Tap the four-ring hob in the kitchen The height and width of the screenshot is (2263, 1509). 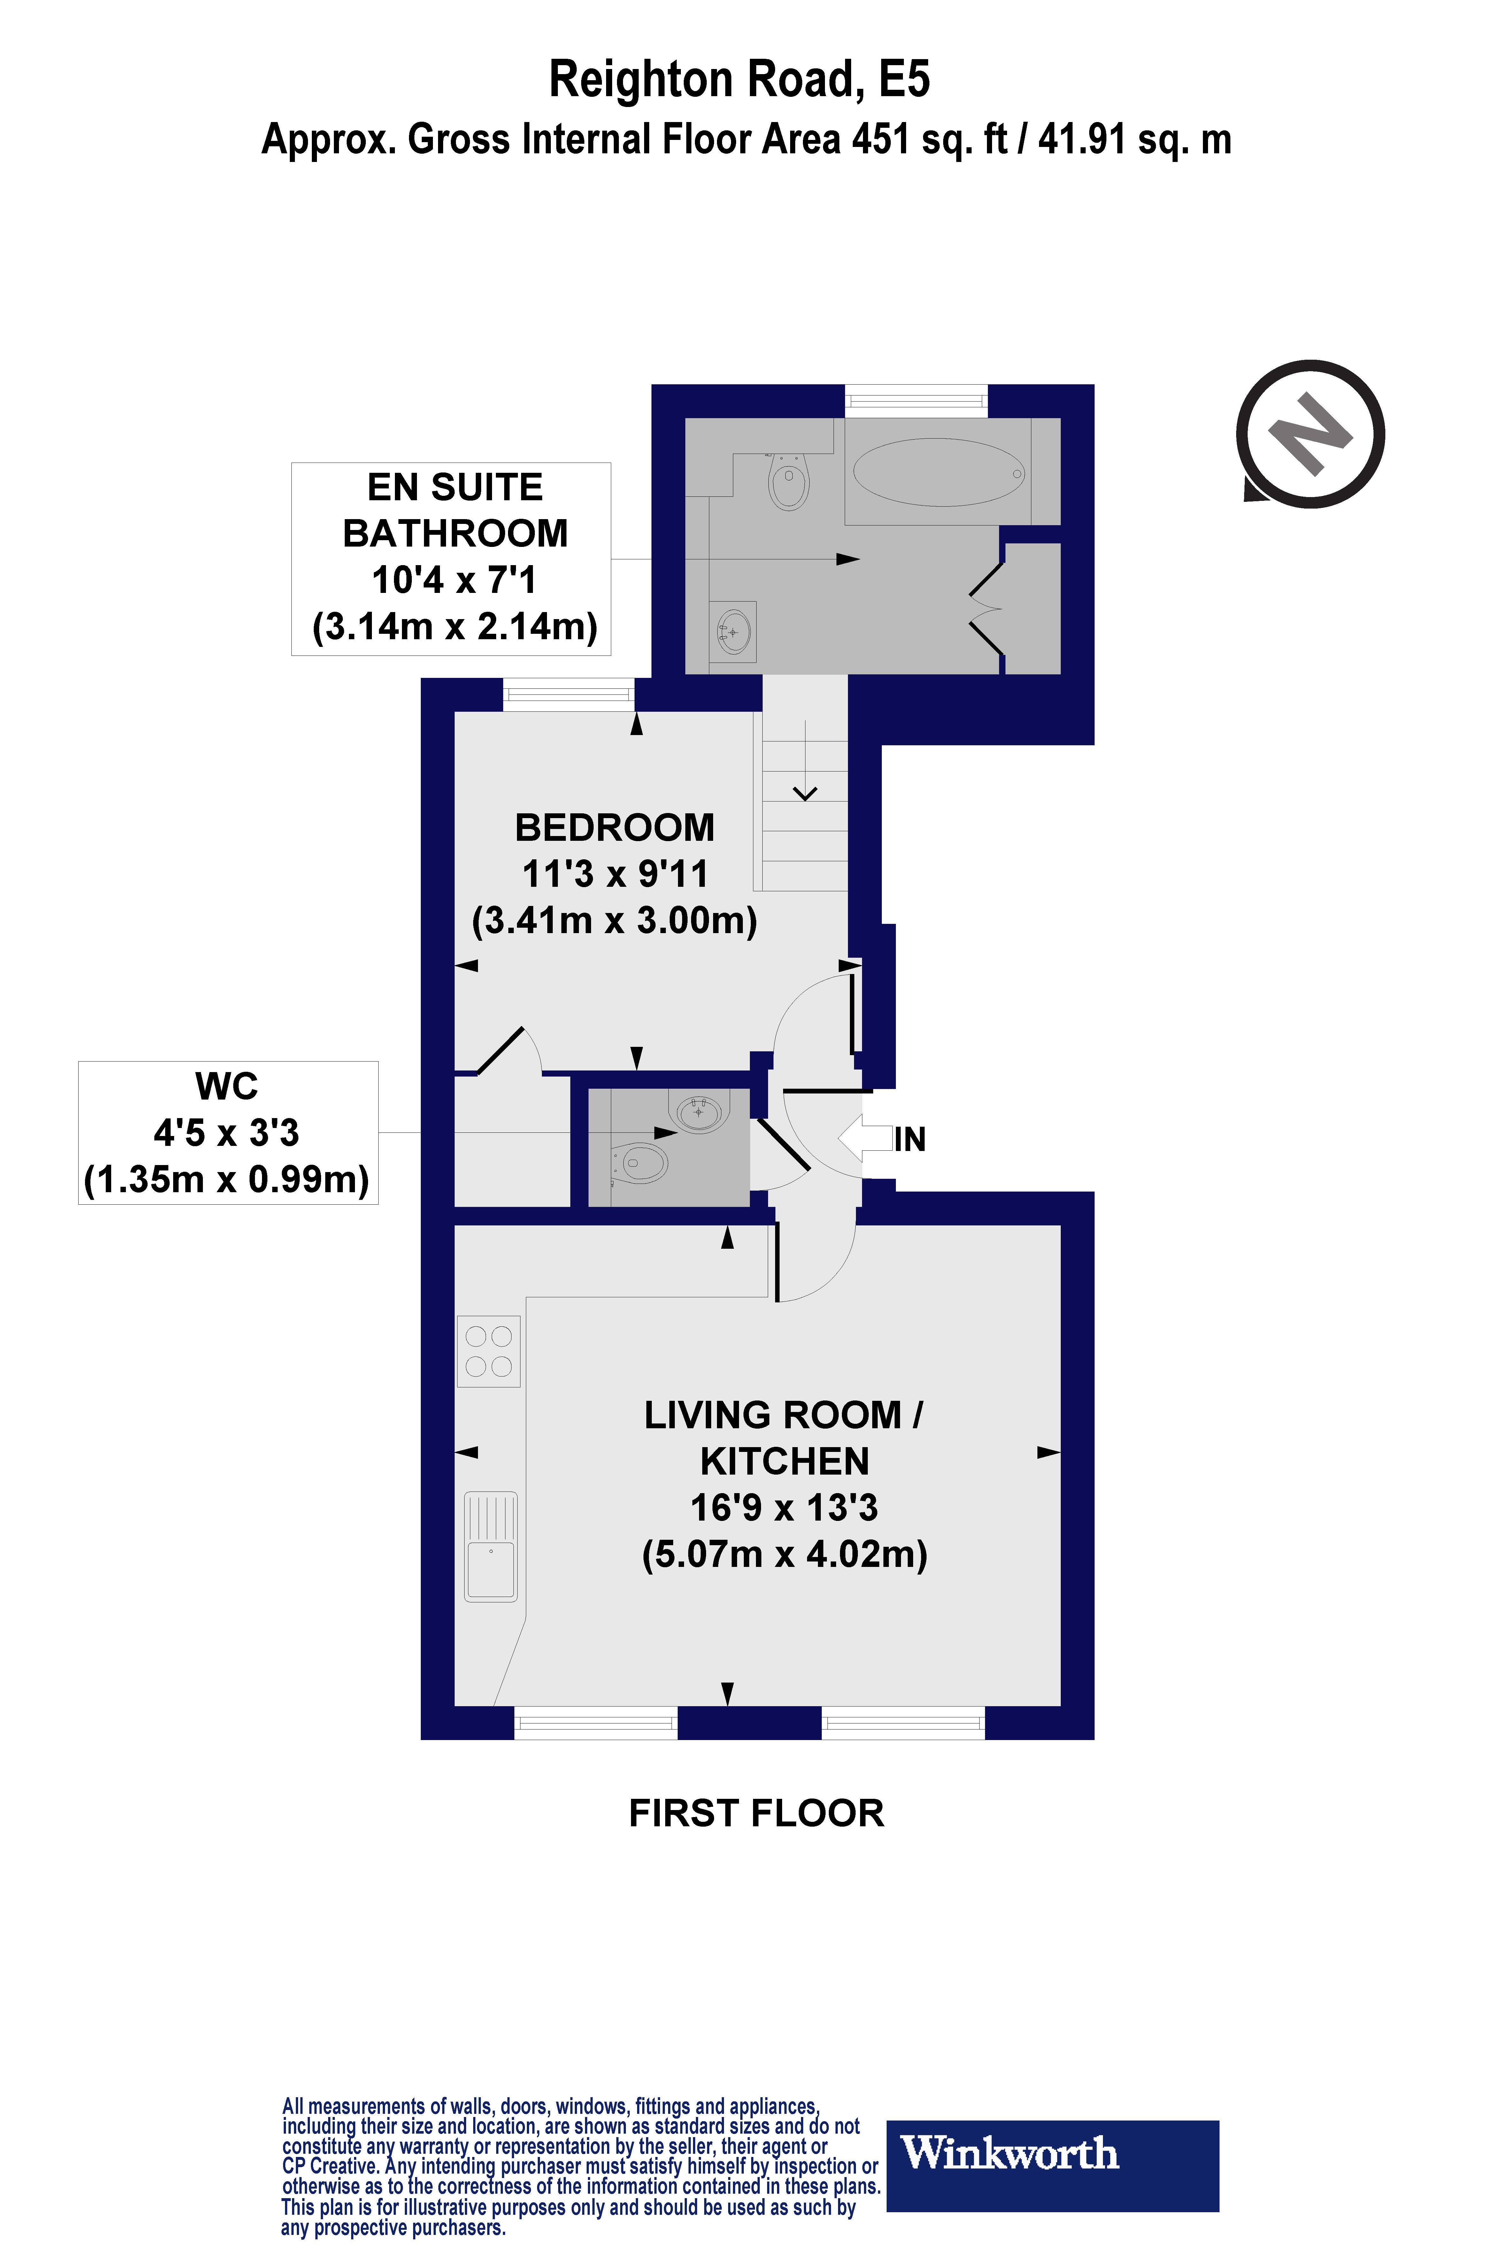(489, 1351)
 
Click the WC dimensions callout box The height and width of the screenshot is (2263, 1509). (228, 1132)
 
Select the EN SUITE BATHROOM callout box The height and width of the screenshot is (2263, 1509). (451, 559)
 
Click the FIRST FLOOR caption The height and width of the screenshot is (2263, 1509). (757, 1813)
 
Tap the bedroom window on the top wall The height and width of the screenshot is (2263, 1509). (569, 695)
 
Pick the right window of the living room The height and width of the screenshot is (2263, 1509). (904, 1722)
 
